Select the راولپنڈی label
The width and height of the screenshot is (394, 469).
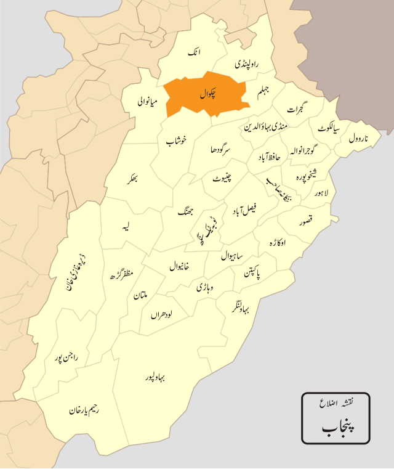coord(247,63)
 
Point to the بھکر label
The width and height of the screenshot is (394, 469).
coord(140,179)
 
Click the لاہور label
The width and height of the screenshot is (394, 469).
coord(321,194)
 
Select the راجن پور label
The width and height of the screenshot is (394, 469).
coord(64,357)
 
